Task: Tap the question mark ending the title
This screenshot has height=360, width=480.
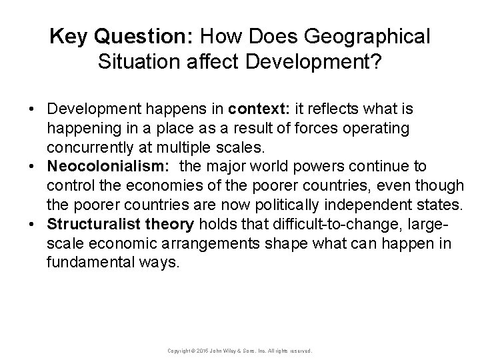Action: click(377, 63)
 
